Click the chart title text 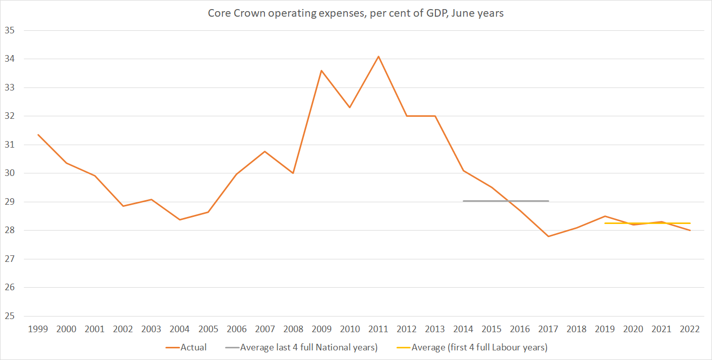[355, 13]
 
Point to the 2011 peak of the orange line [378, 56]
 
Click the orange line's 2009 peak [321, 71]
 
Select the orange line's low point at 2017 [548, 236]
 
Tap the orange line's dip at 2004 [180, 219]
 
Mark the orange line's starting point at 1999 [38, 134]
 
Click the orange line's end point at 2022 [690, 231]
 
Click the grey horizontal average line [506, 201]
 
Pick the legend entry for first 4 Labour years [479, 347]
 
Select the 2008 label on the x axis [293, 329]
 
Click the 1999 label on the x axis [38, 329]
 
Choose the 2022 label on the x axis [690, 329]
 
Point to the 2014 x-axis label [463, 329]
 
